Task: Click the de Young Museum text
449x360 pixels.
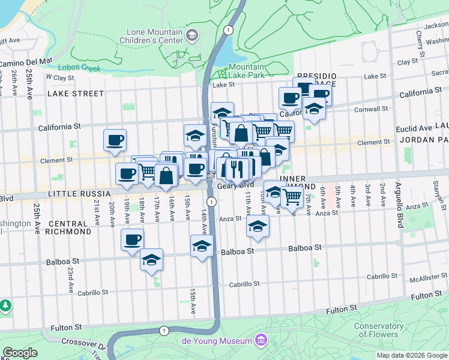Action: click(217, 341)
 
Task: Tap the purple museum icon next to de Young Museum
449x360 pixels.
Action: click(261, 341)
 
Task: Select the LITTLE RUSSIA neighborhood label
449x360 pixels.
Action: click(79, 194)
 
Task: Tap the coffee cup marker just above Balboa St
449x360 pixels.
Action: click(133, 240)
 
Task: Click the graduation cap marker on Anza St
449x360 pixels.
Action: click(258, 227)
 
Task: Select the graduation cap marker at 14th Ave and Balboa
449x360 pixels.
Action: click(202, 246)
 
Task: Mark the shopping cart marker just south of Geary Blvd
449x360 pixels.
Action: click(292, 197)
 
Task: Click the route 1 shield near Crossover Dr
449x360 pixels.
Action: click(164, 331)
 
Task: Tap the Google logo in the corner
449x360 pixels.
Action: click(20, 353)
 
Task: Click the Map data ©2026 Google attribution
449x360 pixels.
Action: click(411, 355)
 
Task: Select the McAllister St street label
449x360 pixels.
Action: click(424, 278)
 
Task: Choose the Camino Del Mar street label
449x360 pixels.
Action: click(27, 62)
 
